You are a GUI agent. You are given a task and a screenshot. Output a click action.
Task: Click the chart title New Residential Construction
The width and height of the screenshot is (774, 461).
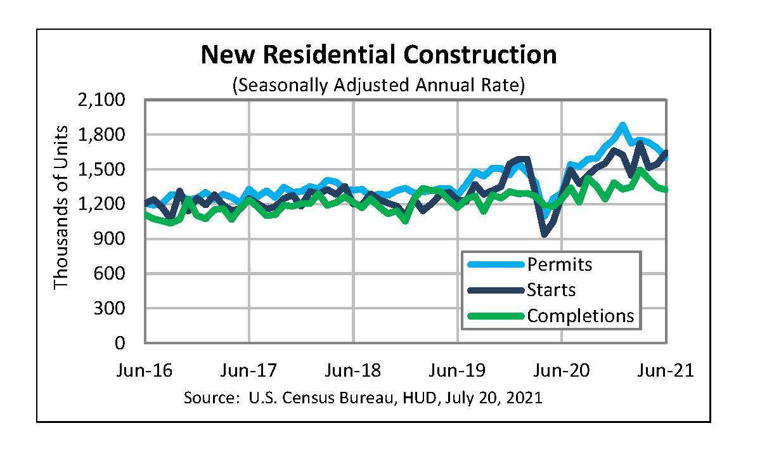click(x=378, y=55)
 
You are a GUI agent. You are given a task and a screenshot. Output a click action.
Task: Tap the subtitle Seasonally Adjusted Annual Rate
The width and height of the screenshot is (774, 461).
click(x=378, y=84)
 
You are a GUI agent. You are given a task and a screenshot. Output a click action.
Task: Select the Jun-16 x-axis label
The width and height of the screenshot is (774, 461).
click(x=145, y=370)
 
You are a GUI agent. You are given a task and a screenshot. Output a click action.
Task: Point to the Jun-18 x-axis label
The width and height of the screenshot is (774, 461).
click(x=353, y=370)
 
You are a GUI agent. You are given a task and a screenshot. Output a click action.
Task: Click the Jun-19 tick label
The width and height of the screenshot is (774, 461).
click(x=458, y=370)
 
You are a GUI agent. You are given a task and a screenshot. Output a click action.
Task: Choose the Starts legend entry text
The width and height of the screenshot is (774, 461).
click(x=551, y=290)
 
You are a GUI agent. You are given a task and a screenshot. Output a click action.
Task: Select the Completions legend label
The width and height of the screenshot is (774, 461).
click(x=580, y=315)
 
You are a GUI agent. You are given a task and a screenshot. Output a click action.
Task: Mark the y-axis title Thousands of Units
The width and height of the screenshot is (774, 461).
click(x=61, y=207)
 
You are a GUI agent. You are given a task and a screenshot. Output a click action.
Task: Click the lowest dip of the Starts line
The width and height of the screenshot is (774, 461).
click(x=545, y=235)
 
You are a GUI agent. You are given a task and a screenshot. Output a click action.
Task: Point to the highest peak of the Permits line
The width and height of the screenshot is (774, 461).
click(x=622, y=126)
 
